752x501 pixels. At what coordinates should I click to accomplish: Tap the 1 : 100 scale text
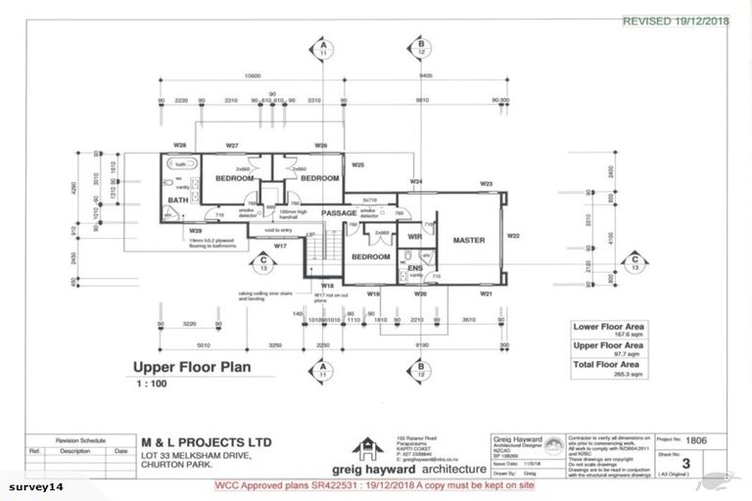[152, 385]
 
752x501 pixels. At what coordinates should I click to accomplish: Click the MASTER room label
[462, 239]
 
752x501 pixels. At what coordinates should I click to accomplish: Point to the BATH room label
[177, 201]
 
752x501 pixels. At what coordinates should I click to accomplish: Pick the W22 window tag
[512, 236]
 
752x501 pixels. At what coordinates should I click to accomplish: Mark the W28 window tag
[167, 144]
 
